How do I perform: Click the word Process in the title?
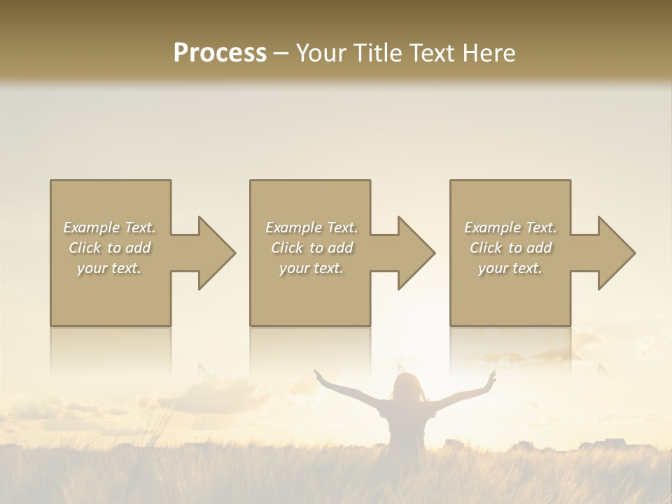[220, 53]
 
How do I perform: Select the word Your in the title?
[322, 53]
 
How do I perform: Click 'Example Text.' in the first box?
[109, 227]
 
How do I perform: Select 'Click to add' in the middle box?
[311, 248]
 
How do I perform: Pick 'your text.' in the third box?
[510, 268]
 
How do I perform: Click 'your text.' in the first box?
[109, 268]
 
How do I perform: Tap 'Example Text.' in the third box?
[510, 227]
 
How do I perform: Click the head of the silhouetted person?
[407, 387]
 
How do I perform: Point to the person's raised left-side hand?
[319, 375]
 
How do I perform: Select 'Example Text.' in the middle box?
[311, 227]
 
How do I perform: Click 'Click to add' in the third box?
[510, 248]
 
